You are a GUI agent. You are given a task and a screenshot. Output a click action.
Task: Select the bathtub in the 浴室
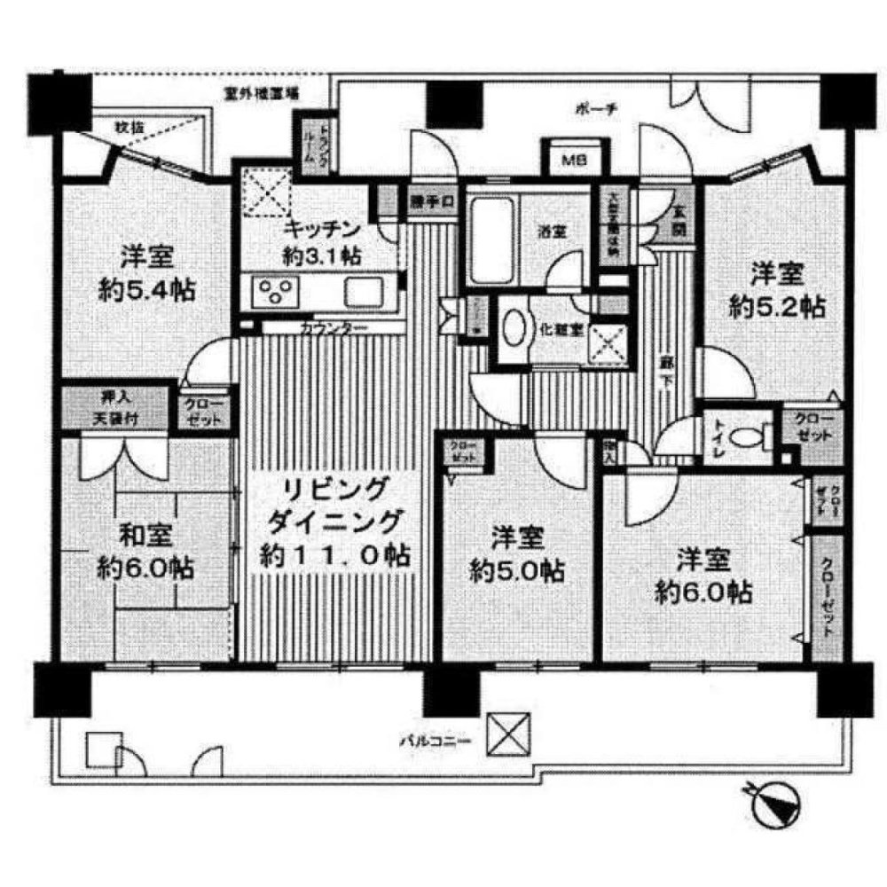point(491,235)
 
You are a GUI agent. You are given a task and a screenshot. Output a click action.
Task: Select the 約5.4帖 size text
point(146,291)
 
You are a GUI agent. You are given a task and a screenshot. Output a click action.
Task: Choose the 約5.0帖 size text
point(516,570)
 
